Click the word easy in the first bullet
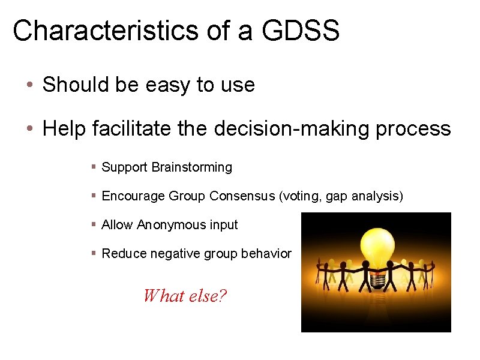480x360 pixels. [167, 85]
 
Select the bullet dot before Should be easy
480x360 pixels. [29, 85]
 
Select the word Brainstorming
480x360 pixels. [191, 167]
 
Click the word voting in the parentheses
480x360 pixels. [301, 196]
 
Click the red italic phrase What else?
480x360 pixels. [185, 295]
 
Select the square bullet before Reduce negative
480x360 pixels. [94, 254]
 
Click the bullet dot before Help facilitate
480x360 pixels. [29, 128]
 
